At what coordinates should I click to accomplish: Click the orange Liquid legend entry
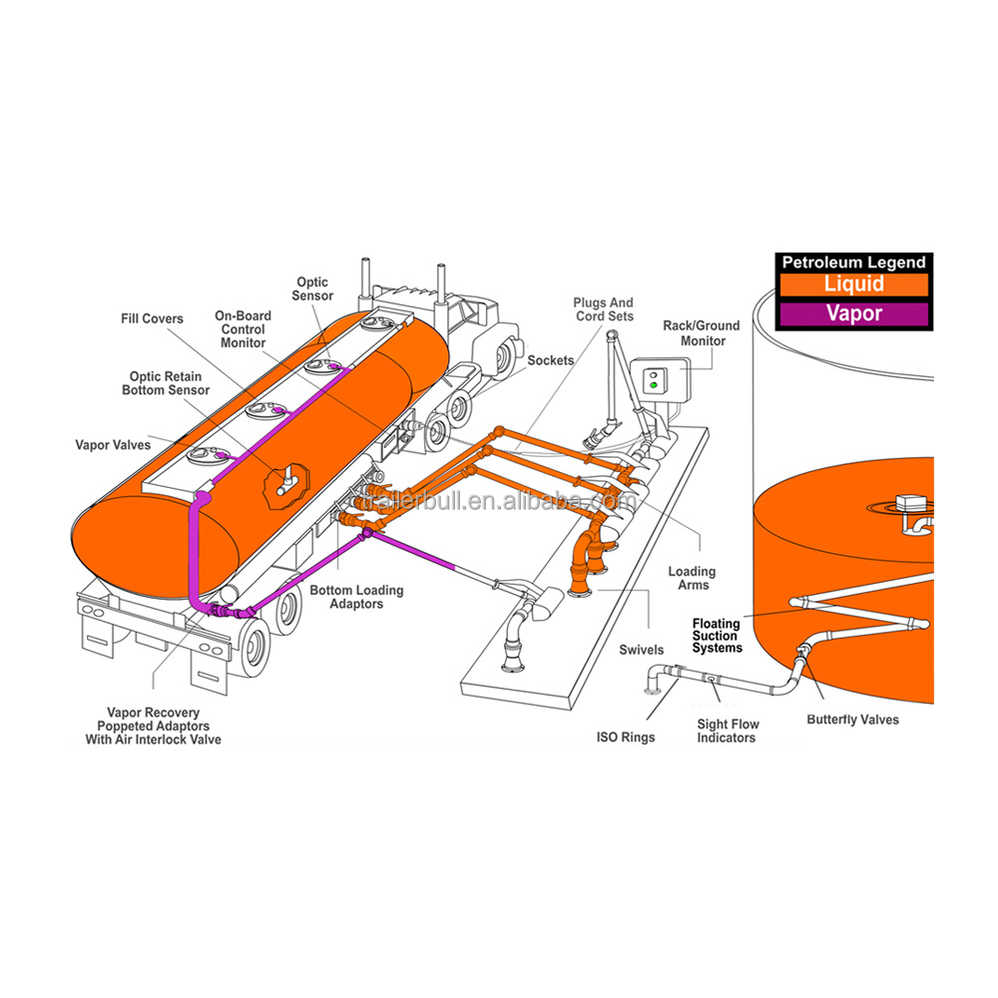pos(852,284)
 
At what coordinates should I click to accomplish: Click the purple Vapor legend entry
pos(852,313)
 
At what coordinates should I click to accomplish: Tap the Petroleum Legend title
pos(852,262)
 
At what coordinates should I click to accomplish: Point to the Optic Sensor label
pos(312,289)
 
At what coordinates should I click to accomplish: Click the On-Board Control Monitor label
pos(241,329)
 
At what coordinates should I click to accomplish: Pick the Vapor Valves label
pos(113,445)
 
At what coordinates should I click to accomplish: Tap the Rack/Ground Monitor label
pos(702,333)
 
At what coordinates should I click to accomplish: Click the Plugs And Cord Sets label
pos(603,309)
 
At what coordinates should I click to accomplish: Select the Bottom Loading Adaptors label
pos(356,597)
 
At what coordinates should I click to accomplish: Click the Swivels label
pos(641,650)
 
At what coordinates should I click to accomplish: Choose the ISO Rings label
pos(626,738)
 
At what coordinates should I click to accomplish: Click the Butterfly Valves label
pos(852,720)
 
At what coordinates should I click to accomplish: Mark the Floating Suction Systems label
pos(718,636)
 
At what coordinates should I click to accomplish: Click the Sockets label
pos(551,359)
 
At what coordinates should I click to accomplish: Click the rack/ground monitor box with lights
pos(655,383)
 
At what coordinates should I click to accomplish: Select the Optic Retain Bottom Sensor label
pos(166,383)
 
